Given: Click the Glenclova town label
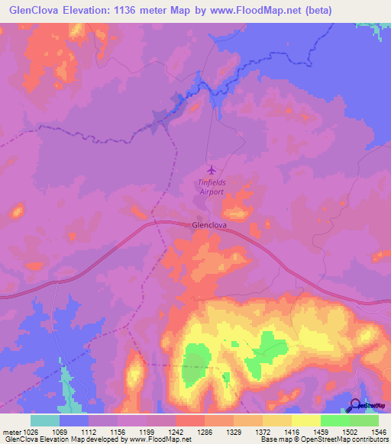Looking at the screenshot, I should tap(209, 226).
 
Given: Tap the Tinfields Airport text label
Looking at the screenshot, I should tap(212, 187).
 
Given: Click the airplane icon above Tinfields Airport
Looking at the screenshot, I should tap(212, 169).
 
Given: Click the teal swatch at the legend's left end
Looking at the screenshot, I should tap(45, 420).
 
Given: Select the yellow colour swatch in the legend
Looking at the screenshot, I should tap(306, 420).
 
